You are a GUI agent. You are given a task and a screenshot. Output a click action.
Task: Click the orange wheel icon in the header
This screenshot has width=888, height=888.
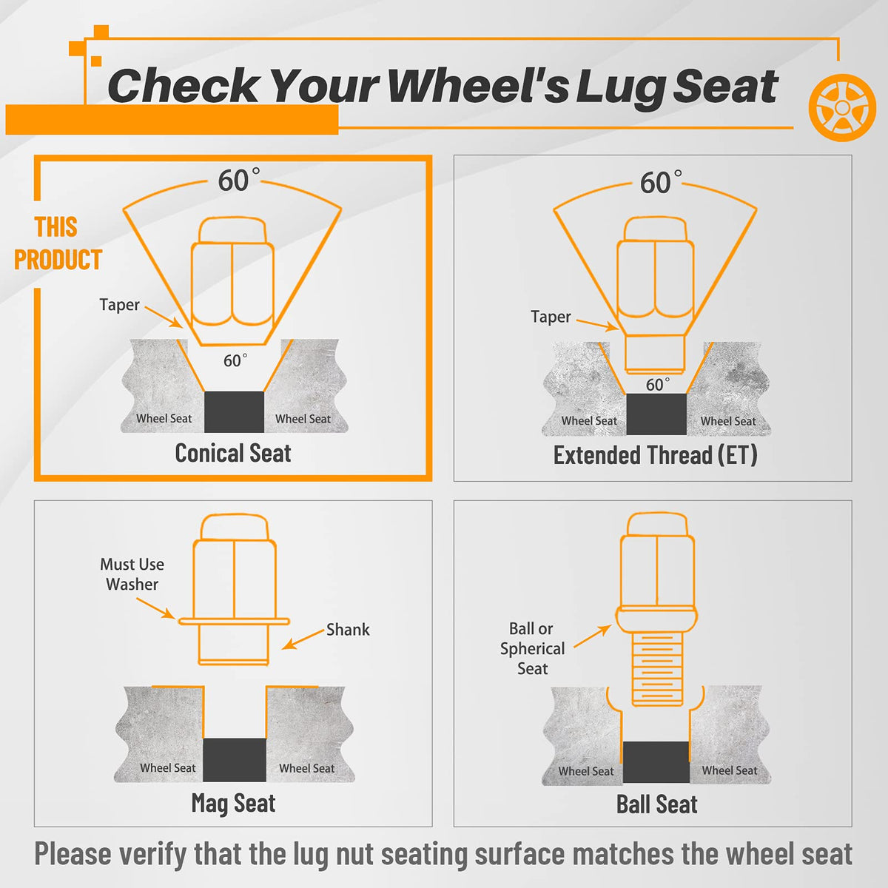(x=842, y=107)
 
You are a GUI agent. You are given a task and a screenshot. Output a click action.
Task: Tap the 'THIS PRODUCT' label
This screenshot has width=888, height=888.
(x=58, y=243)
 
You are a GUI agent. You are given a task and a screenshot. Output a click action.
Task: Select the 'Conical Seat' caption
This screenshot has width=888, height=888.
(x=232, y=453)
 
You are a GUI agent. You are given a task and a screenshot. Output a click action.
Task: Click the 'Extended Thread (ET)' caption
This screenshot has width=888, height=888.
(x=656, y=455)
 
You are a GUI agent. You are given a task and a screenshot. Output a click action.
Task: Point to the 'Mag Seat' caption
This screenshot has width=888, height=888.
(x=233, y=803)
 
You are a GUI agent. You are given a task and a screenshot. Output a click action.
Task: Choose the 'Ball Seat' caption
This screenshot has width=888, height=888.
(x=656, y=804)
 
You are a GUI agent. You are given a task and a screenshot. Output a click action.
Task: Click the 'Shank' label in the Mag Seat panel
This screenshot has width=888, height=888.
(x=348, y=630)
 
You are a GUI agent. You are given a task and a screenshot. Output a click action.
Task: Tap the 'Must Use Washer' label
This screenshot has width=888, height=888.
(x=132, y=574)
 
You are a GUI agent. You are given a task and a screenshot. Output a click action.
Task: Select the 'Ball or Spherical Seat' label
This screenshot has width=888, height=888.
(x=532, y=648)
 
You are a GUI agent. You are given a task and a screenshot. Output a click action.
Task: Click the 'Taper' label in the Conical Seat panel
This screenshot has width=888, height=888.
(x=119, y=305)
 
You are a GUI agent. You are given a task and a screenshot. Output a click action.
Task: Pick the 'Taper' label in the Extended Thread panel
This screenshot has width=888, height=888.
(x=551, y=317)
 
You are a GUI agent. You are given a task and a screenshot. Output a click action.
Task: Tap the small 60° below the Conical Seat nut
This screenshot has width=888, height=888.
(x=235, y=360)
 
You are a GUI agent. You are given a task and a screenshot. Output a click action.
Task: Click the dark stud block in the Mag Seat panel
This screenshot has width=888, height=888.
(x=235, y=760)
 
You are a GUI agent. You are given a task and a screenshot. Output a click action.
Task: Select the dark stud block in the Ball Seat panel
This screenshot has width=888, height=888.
(x=656, y=762)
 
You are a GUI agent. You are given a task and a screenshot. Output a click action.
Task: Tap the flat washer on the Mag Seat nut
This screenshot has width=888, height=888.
(x=234, y=621)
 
